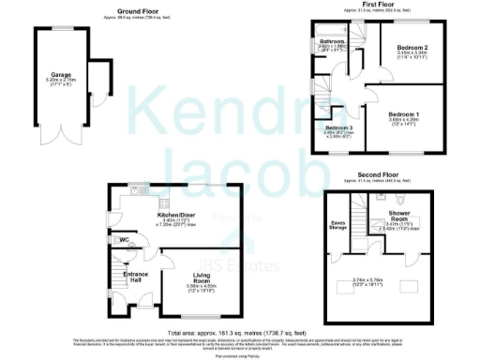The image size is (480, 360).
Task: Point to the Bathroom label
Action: point(333,42)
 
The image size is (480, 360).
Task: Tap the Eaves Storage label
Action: point(337,225)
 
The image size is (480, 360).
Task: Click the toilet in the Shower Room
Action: point(399,200)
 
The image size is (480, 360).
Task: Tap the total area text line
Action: point(240,333)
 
